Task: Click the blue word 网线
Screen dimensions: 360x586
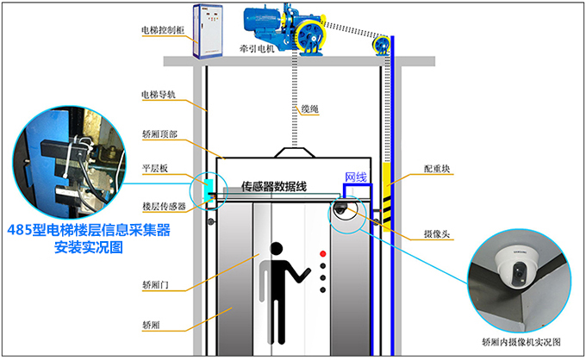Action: pyautogui.click(x=356, y=177)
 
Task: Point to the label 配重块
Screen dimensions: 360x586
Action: pyautogui.click(x=438, y=170)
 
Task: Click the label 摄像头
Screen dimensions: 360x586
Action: pyautogui.click(x=436, y=233)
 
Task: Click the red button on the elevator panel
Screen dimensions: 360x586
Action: pyautogui.click(x=323, y=255)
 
